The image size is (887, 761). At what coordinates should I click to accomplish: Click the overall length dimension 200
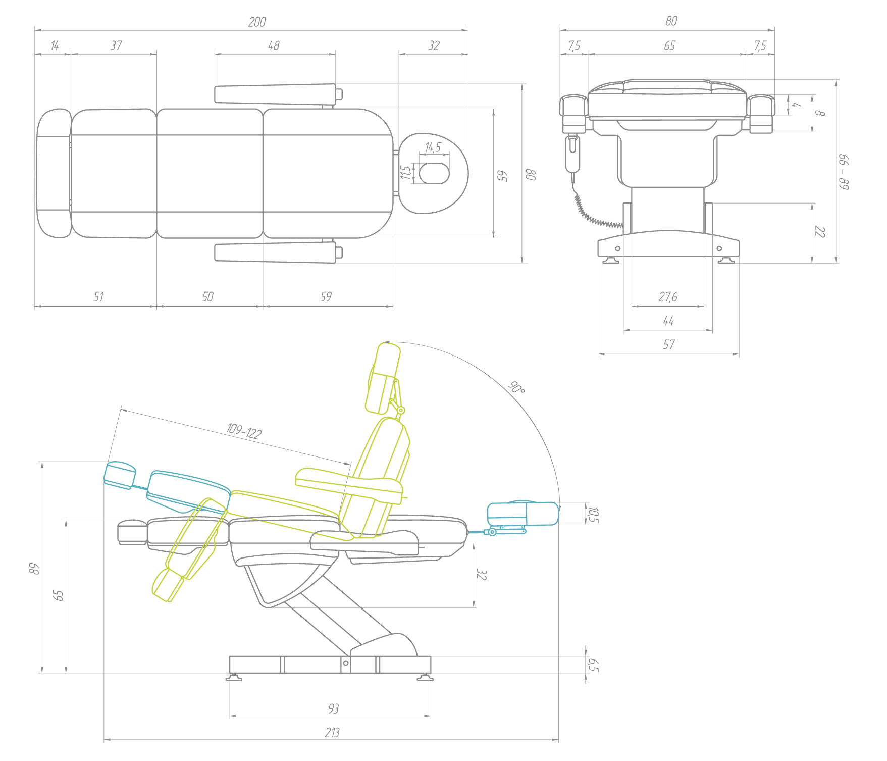click(x=257, y=22)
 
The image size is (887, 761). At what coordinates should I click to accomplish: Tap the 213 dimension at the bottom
click(x=332, y=733)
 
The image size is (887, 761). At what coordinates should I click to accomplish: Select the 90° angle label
click(x=516, y=388)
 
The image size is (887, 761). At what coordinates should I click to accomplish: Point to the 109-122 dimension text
click(x=244, y=432)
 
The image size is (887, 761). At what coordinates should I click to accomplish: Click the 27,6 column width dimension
click(x=668, y=297)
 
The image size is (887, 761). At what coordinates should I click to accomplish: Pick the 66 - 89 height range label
click(x=844, y=172)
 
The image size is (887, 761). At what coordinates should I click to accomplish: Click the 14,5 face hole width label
click(x=433, y=147)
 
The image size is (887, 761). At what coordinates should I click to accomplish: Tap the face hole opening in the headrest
click(x=434, y=173)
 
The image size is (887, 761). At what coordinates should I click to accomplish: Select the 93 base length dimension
click(x=333, y=709)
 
